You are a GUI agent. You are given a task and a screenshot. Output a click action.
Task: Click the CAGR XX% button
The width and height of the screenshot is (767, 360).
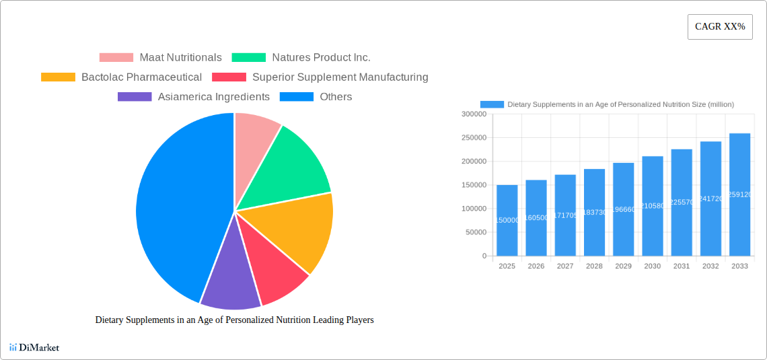[x=720, y=27]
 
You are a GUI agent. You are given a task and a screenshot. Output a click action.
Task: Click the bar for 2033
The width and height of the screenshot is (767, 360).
[x=739, y=195]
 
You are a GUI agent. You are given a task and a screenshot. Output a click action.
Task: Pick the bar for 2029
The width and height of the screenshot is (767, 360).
[x=624, y=209]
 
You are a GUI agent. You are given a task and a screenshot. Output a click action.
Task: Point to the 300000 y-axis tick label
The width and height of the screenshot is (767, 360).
[x=474, y=114]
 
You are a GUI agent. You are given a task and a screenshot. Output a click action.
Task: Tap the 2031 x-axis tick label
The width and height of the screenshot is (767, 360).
[x=682, y=266]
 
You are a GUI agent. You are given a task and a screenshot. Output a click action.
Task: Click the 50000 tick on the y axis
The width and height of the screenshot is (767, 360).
[x=475, y=233]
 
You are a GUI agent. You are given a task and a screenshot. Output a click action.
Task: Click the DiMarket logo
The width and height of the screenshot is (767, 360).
[x=35, y=348]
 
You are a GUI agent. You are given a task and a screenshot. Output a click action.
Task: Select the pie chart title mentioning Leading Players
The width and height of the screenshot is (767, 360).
[x=234, y=320]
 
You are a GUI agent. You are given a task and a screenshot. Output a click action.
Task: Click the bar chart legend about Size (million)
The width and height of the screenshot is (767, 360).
[x=607, y=105]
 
